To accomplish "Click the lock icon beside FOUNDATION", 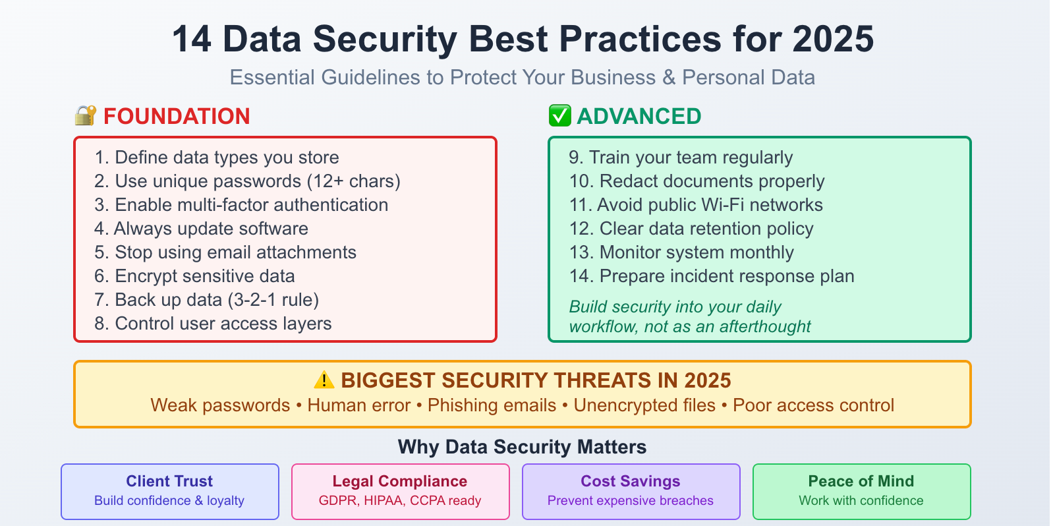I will coord(86,116).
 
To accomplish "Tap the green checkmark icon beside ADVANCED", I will coord(560,116).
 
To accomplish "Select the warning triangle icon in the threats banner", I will coord(324,380).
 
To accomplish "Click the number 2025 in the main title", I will coord(833,40).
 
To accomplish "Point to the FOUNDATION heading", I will coord(177,117).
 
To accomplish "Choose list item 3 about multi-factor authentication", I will coord(241,205).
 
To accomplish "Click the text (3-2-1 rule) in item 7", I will coord(273,300).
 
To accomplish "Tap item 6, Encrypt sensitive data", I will coord(194,276).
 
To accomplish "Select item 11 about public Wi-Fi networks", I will coord(696,205).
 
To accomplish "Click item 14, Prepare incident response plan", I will coord(712,276).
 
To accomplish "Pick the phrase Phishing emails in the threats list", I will coord(492,405).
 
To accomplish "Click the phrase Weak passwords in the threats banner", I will coord(220,405).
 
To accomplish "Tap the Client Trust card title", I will coord(169,481).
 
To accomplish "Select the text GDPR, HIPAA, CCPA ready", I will coord(400,501).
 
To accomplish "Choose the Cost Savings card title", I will coord(631,481).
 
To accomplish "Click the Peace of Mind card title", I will coord(861,481).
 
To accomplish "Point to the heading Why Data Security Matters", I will coord(522,447).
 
